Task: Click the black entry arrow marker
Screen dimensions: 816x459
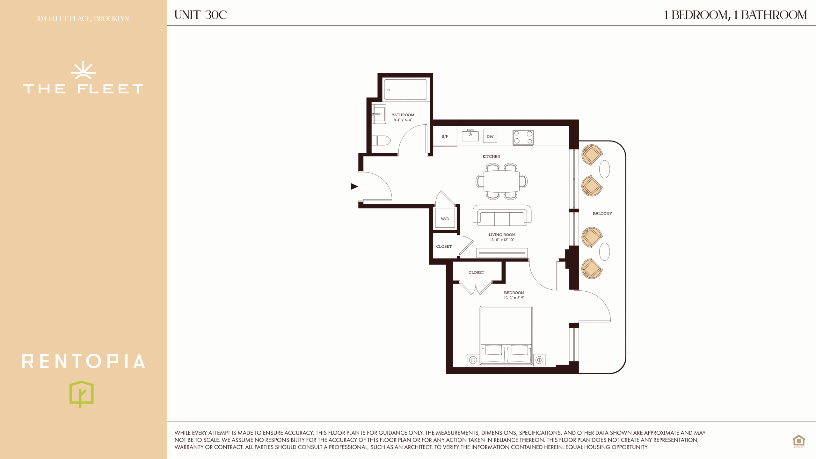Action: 354,186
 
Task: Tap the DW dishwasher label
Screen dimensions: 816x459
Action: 490,136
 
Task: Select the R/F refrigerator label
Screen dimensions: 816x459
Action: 445,136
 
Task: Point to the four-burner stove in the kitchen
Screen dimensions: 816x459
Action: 523,137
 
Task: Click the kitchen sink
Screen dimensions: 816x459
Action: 470,135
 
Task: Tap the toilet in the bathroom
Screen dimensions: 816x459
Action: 381,140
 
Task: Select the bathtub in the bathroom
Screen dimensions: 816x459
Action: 405,90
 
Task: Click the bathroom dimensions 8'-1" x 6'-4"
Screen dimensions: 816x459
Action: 403,120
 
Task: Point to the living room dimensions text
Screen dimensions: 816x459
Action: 502,240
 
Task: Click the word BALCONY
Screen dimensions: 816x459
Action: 602,214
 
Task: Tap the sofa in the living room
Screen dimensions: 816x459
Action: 502,215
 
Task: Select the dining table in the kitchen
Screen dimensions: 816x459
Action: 502,181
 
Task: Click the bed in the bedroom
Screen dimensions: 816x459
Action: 506,335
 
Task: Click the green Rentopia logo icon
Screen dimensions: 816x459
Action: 82,394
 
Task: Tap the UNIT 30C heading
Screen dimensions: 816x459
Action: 200,15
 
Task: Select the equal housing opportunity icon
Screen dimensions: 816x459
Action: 799,441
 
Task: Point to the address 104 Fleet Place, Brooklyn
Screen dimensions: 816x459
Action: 83,18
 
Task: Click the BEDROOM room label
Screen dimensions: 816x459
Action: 514,293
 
